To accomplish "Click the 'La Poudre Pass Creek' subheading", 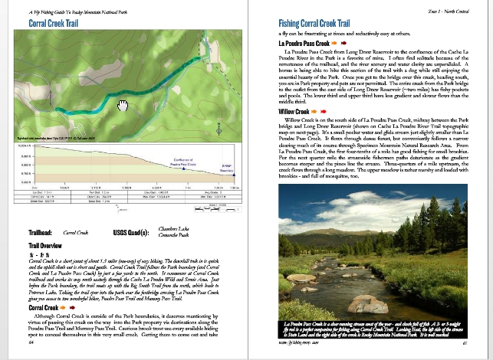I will pos(304,44).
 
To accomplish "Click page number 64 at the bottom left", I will pos(31,343).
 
